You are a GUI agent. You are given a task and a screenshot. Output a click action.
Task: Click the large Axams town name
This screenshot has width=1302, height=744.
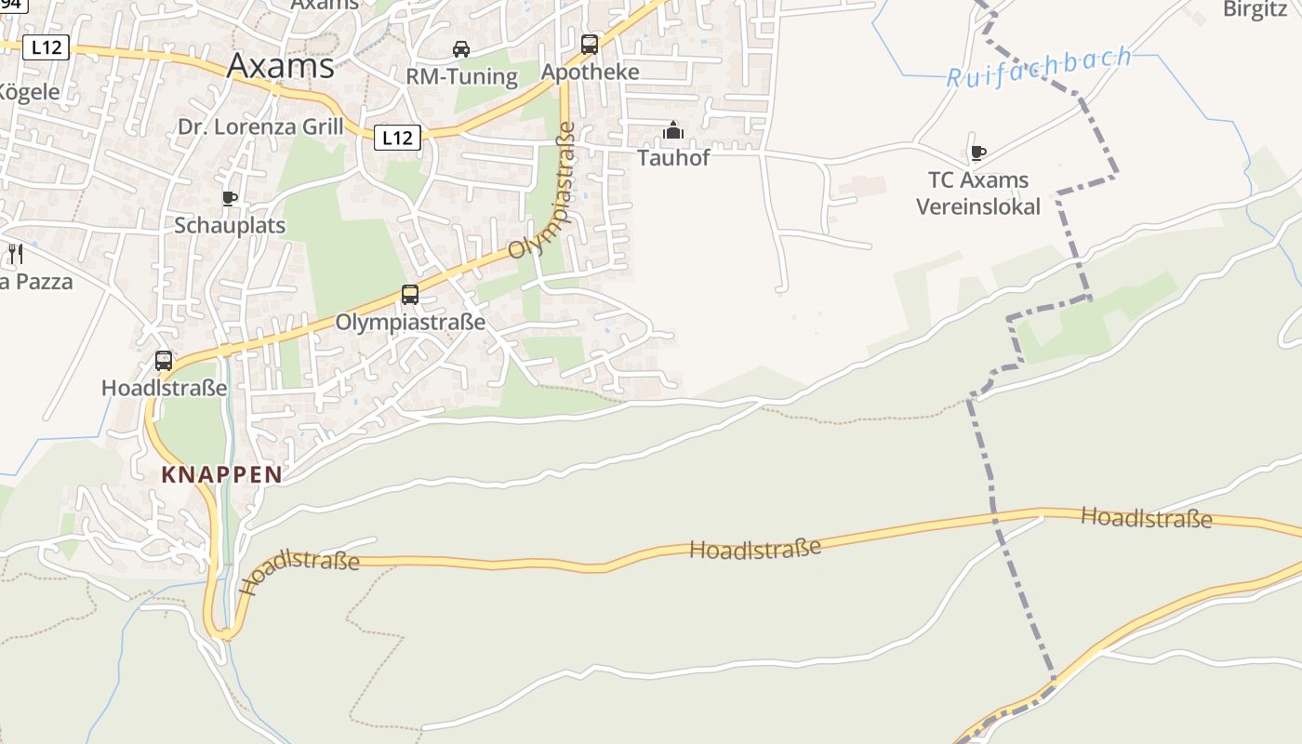tap(280, 66)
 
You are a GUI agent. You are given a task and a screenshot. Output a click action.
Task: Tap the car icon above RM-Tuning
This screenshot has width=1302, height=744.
tap(461, 48)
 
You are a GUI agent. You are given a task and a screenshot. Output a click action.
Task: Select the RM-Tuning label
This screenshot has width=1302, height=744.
tap(461, 76)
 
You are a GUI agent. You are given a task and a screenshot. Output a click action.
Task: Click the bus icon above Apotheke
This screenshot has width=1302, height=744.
tap(590, 44)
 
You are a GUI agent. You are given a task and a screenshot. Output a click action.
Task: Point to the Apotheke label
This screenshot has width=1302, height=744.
tap(591, 72)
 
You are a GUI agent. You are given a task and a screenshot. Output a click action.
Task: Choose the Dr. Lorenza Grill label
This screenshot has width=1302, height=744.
tap(260, 126)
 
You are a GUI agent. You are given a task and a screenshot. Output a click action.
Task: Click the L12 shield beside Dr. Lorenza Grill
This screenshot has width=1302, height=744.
tap(397, 138)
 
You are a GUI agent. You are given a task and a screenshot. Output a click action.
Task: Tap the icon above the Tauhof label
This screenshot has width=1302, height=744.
tap(673, 131)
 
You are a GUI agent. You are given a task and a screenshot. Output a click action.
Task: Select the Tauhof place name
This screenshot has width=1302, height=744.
tap(673, 157)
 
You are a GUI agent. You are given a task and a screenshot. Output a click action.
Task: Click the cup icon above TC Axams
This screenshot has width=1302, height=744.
tap(977, 153)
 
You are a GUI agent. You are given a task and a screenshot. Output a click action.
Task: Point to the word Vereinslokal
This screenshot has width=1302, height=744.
tap(978, 206)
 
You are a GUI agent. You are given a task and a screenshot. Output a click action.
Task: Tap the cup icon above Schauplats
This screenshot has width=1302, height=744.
tap(230, 198)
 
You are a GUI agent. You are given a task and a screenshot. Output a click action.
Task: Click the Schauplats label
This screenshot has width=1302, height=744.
tap(230, 225)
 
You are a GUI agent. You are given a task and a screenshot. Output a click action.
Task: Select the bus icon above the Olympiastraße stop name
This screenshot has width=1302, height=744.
tap(410, 295)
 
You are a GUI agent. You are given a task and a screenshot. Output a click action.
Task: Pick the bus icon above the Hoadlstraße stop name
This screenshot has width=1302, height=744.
tap(164, 361)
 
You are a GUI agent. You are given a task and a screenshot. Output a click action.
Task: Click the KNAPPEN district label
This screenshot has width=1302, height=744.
tap(221, 474)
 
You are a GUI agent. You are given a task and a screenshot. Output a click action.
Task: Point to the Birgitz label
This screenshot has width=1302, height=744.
tap(1255, 9)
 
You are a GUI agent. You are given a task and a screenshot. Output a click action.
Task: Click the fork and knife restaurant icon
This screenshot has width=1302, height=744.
tap(15, 253)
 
